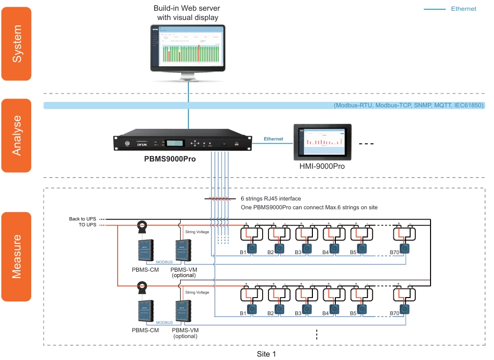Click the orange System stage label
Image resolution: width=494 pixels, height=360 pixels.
[17, 43]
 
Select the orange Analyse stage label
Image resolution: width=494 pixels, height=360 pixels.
[17, 136]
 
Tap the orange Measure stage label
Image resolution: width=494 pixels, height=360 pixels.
[17, 256]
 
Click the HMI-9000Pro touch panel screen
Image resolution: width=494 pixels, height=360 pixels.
[322, 142]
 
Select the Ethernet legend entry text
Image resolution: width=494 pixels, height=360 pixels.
[463, 9]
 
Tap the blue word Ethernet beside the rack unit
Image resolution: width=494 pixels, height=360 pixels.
[273, 139]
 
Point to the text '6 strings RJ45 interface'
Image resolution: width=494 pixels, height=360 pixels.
[271, 199]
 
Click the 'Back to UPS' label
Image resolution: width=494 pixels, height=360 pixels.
[82, 219]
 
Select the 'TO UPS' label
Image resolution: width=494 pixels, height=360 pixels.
[87, 225]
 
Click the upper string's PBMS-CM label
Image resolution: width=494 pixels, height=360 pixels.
[145, 269]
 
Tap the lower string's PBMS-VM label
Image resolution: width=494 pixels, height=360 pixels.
[185, 330]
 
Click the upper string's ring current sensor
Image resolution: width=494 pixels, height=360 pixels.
[142, 225]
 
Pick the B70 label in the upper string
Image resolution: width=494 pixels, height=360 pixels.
[394, 252]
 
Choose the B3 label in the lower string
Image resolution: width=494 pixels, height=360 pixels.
[298, 313]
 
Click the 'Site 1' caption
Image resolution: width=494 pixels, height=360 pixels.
[267, 354]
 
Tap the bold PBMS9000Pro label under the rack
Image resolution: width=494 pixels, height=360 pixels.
[169, 159]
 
